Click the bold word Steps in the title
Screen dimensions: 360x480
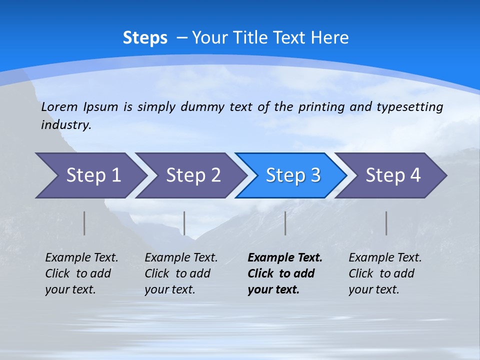tap(145, 38)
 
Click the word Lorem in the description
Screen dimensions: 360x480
tap(59, 106)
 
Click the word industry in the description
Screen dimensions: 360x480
tap(65, 124)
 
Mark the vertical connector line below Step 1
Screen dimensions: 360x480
tap(84, 223)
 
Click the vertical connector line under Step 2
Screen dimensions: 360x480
tap(184, 223)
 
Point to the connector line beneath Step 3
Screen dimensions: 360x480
tap(285, 223)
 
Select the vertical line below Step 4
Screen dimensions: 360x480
tap(386, 223)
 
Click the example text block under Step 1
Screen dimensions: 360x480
tap(81, 273)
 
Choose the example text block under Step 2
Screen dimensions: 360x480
tap(181, 273)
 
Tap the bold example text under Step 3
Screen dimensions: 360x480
tap(285, 273)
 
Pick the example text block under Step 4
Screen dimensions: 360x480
tap(385, 273)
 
